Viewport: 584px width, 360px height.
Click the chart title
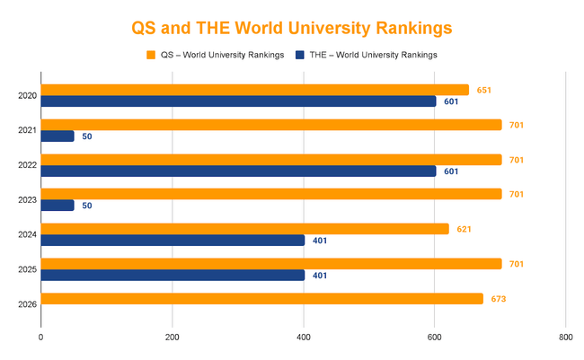291,28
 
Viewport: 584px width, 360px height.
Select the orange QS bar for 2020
254,90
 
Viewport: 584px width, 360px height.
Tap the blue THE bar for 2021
58,136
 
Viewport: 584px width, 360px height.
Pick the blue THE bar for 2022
238,171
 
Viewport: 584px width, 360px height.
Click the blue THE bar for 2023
58,206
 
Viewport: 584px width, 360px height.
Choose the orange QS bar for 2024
244,229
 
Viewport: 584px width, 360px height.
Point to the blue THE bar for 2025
173,276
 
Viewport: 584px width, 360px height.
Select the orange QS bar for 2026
261,299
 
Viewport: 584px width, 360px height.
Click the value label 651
484,90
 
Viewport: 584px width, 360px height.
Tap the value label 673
499,299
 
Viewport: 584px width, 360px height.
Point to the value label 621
464,229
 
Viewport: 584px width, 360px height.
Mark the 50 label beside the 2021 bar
87,136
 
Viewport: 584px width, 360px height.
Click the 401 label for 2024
321,241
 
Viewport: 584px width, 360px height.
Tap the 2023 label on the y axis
27,199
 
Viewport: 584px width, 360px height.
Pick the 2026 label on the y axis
27,304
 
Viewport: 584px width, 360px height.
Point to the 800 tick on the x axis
565,338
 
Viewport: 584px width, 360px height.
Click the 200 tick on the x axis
173,338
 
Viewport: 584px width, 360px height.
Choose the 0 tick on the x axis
41,338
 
